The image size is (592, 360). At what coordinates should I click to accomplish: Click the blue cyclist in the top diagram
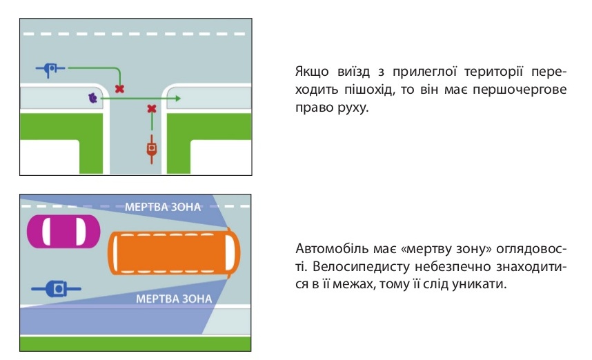[x=50, y=69]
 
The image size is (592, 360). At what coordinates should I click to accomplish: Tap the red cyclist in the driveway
[x=152, y=149]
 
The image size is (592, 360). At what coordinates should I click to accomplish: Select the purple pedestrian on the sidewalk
[x=92, y=98]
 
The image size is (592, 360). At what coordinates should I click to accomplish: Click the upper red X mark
[x=119, y=89]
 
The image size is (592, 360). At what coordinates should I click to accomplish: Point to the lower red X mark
[x=152, y=109]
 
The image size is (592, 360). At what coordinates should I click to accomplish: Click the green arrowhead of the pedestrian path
[x=178, y=99]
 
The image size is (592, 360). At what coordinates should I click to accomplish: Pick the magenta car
[x=63, y=231]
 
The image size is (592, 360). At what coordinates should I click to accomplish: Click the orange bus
[x=174, y=252]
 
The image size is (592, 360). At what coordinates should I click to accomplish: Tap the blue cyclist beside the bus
[x=57, y=289]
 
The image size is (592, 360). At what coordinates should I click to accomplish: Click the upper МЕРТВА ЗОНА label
[x=163, y=207]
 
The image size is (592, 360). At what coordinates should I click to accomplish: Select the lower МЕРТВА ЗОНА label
[x=174, y=299]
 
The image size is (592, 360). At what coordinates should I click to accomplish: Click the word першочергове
[x=520, y=90]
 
